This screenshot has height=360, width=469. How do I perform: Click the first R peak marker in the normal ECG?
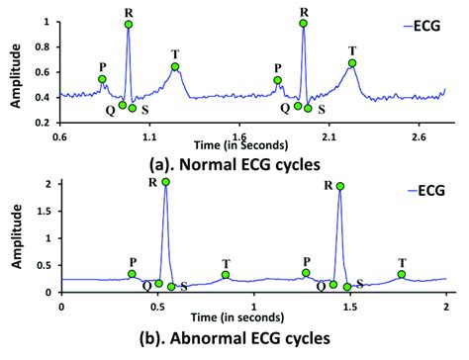point(129,23)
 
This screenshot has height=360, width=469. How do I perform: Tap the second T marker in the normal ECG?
point(352,63)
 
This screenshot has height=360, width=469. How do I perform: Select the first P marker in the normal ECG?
point(101,79)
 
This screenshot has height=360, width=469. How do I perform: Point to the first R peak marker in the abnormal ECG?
point(165,182)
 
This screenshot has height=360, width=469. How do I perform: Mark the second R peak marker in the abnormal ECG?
point(340,186)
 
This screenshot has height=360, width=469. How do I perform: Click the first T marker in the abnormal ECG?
point(226,274)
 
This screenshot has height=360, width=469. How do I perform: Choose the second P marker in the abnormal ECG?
point(307,272)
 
